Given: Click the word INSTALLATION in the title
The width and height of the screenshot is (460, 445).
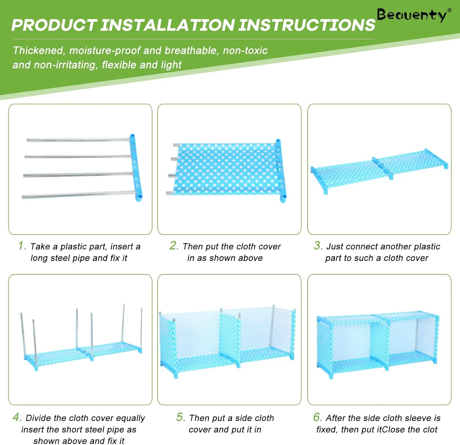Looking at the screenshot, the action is pyautogui.click(x=168, y=25).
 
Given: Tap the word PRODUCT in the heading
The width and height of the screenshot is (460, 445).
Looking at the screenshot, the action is pyautogui.click(x=54, y=25).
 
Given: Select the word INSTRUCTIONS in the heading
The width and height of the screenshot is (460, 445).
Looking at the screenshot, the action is pyautogui.click(x=307, y=25).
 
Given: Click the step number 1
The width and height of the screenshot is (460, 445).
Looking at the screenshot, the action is pyautogui.click(x=22, y=246).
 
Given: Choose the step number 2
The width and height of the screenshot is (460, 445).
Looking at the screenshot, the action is pyautogui.click(x=174, y=246).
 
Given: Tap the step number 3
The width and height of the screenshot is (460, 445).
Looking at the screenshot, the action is pyautogui.click(x=318, y=246).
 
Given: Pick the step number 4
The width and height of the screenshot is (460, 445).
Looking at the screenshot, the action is pyautogui.click(x=17, y=417).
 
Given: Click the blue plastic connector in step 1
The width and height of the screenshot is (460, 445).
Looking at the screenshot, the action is pyautogui.click(x=136, y=168).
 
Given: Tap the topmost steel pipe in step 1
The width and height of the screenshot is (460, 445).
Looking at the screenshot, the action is pyautogui.click(x=78, y=140).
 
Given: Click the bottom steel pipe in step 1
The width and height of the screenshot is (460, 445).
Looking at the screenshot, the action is pyautogui.click(x=79, y=195).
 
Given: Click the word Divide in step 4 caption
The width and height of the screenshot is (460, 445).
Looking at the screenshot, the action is pyautogui.click(x=38, y=418).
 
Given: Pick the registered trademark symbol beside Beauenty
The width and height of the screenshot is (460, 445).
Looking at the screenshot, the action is pyautogui.click(x=450, y=10).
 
